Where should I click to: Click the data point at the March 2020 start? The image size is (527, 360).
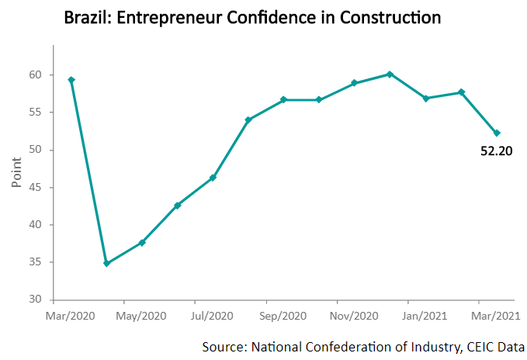(x=71, y=80)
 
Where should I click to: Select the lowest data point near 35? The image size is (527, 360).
(x=107, y=264)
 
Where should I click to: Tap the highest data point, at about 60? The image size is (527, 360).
(x=390, y=74)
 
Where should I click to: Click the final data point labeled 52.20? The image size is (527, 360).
(x=497, y=133)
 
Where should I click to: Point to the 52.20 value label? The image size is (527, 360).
(x=496, y=151)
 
